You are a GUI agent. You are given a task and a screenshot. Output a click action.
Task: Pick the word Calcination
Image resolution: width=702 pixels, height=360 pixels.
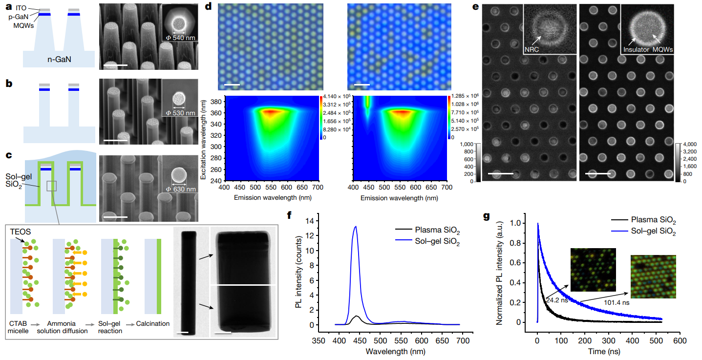[x=153, y=323]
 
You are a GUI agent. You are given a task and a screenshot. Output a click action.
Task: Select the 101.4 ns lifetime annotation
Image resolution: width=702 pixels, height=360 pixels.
[x=617, y=303]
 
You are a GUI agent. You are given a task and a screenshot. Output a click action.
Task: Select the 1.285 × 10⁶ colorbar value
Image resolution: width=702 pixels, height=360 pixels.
[x=465, y=98]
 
